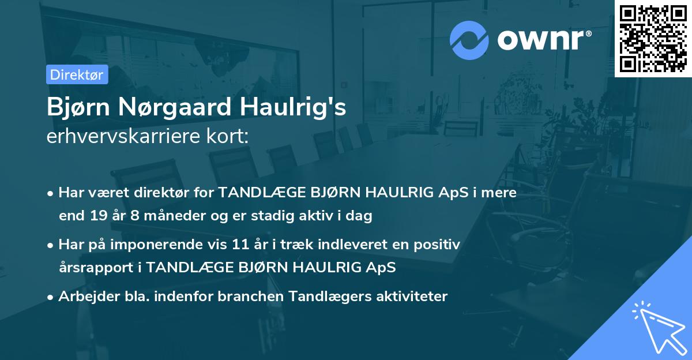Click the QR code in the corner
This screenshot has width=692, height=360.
pos(653,39)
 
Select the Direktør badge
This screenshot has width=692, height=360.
pos(77,74)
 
